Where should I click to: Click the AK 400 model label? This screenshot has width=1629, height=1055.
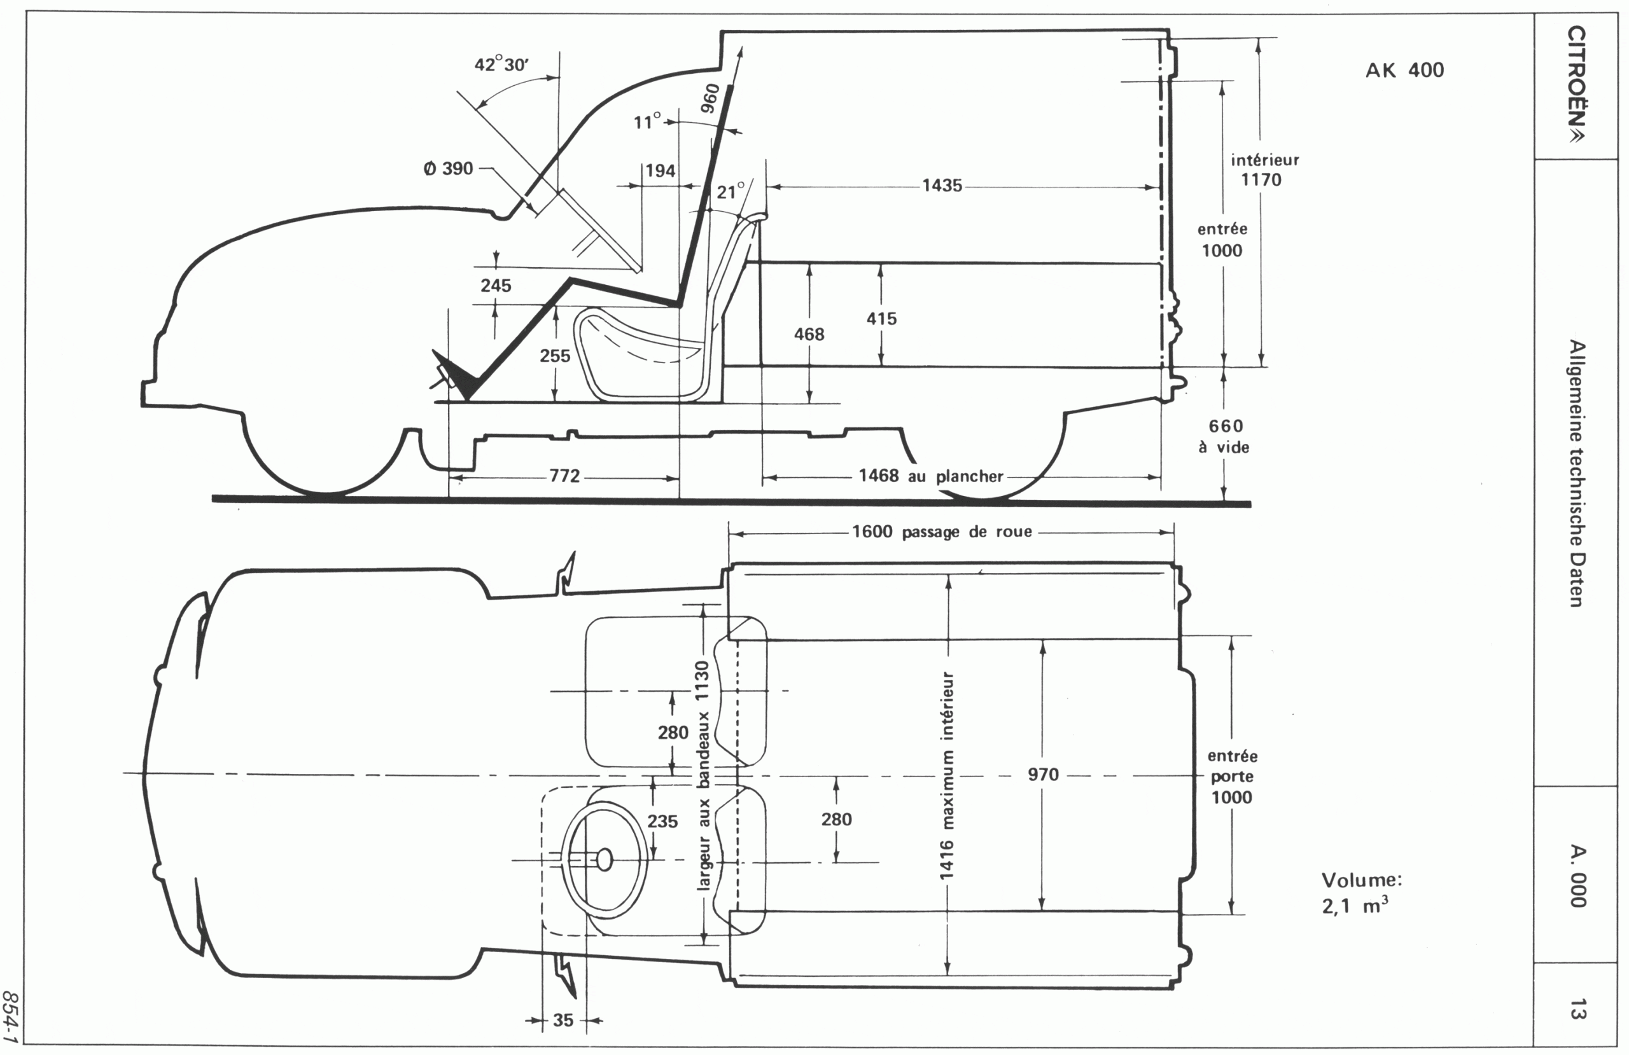1404,71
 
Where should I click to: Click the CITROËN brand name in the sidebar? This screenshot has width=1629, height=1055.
1576,85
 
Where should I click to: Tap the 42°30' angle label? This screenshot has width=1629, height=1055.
501,65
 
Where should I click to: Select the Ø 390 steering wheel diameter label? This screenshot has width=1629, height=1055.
449,169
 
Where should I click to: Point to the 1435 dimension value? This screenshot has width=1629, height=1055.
942,186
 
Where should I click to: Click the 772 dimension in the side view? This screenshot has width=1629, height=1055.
564,476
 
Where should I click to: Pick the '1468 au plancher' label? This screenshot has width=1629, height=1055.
931,476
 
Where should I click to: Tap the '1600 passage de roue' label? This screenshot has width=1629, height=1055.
942,532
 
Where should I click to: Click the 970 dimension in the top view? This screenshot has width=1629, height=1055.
1043,775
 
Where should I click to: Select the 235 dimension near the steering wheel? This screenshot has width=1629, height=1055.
662,821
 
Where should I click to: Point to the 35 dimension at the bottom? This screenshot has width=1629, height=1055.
563,1020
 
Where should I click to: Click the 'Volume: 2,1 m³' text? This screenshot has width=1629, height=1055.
1360,893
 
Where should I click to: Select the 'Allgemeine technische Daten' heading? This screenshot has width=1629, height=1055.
1576,472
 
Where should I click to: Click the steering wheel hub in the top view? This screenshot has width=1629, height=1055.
605,859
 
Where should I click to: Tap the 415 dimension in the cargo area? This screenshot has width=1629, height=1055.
881,318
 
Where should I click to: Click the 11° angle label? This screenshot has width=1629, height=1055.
647,123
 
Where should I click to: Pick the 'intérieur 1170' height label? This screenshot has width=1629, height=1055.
1264,170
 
